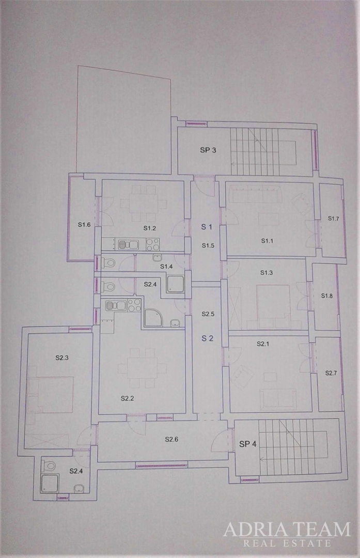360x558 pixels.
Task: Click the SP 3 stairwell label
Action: (x=208, y=150)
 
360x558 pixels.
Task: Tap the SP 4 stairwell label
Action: (x=248, y=444)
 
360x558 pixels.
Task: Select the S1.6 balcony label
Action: (x=85, y=224)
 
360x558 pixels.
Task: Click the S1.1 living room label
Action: (x=267, y=240)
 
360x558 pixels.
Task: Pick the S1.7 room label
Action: (x=334, y=219)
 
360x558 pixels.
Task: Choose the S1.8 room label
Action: (x=327, y=296)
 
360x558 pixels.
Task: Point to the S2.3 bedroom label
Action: (x=62, y=357)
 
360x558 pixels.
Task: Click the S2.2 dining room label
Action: (x=128, y=398)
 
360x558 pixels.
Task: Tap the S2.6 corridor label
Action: (x=171, y=439)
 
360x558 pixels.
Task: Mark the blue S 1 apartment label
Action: (x=207, y=226)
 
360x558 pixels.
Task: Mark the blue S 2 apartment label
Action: (x=207, y=338)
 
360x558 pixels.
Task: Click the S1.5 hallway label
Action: (x=208, y=245)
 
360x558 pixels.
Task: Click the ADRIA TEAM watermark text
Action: (x=287, y=530)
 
